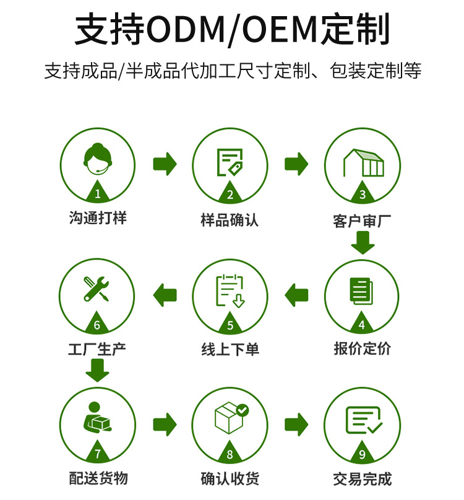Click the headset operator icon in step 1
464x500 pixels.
(97, 160)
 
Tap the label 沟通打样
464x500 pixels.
(97, 218)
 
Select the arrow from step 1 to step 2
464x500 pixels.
(165, 164)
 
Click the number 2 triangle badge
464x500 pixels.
(230, 194)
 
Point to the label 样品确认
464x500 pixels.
(230, 220)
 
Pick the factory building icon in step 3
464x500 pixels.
(363, 162)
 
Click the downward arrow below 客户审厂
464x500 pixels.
(363, 242)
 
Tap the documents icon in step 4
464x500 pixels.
(361, 290)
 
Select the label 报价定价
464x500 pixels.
(363, 348)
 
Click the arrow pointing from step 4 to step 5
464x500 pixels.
(296, 294)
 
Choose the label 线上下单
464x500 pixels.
(230, 349)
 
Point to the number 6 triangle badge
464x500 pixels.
(97, 324)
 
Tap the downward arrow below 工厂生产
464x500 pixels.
(97, 371)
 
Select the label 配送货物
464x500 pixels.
(98, 478)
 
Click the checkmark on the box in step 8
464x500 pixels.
(243, 410)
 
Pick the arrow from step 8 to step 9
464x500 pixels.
(296, 424)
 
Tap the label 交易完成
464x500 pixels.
(363, 479)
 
